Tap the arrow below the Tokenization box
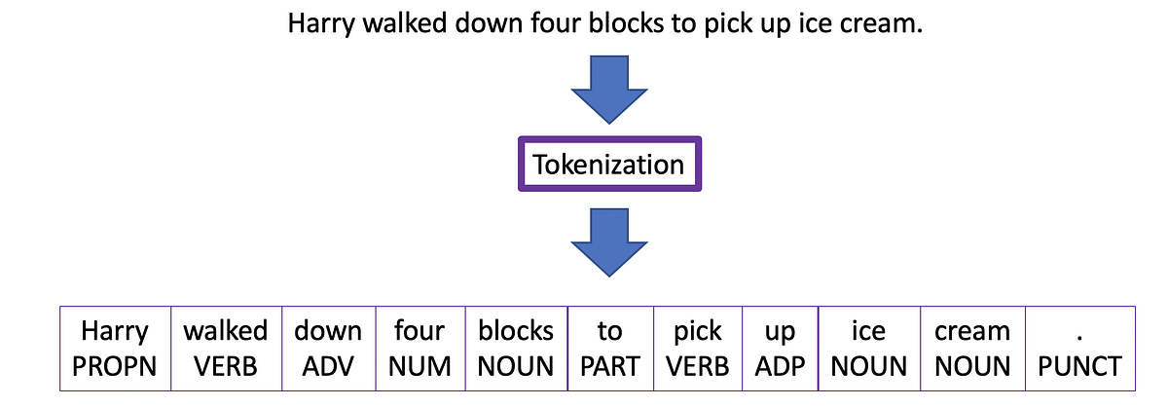tap(608, 244)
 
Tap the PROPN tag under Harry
tap(114, 366)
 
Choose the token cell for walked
tap(226, 349)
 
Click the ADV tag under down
tap(328, 366)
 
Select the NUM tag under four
tap(420, 366)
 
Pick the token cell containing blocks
tap(516, 349)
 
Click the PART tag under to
tap(609, 366)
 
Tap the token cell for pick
tap(698, 349)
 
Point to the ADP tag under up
tap(780, 366)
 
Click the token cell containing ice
tap(868, 349)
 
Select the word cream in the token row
tap(971, 332)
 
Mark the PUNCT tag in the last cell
tap(1079, 366)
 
